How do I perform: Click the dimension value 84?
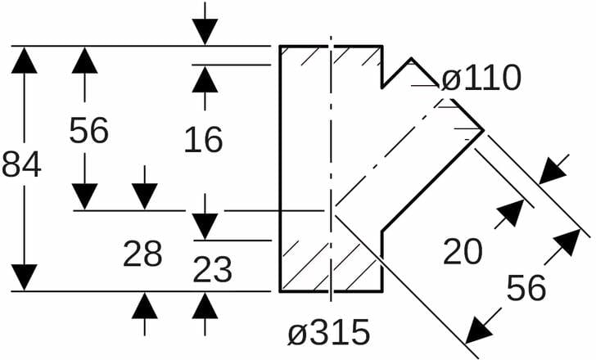[x=22, y=165]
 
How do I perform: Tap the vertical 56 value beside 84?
[x=88, y=130]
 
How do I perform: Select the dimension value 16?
[x=204, y=141]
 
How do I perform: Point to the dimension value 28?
[x=143, y=254]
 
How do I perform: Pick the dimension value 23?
[x=213, y=269]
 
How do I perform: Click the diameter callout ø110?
[x=481, y=79]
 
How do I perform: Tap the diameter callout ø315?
[x=329, y=333]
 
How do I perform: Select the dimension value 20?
[x=463, y=252]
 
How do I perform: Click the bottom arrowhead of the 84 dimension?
[x=25, y=277]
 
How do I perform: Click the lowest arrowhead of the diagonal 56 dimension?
[x=480, y=332]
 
